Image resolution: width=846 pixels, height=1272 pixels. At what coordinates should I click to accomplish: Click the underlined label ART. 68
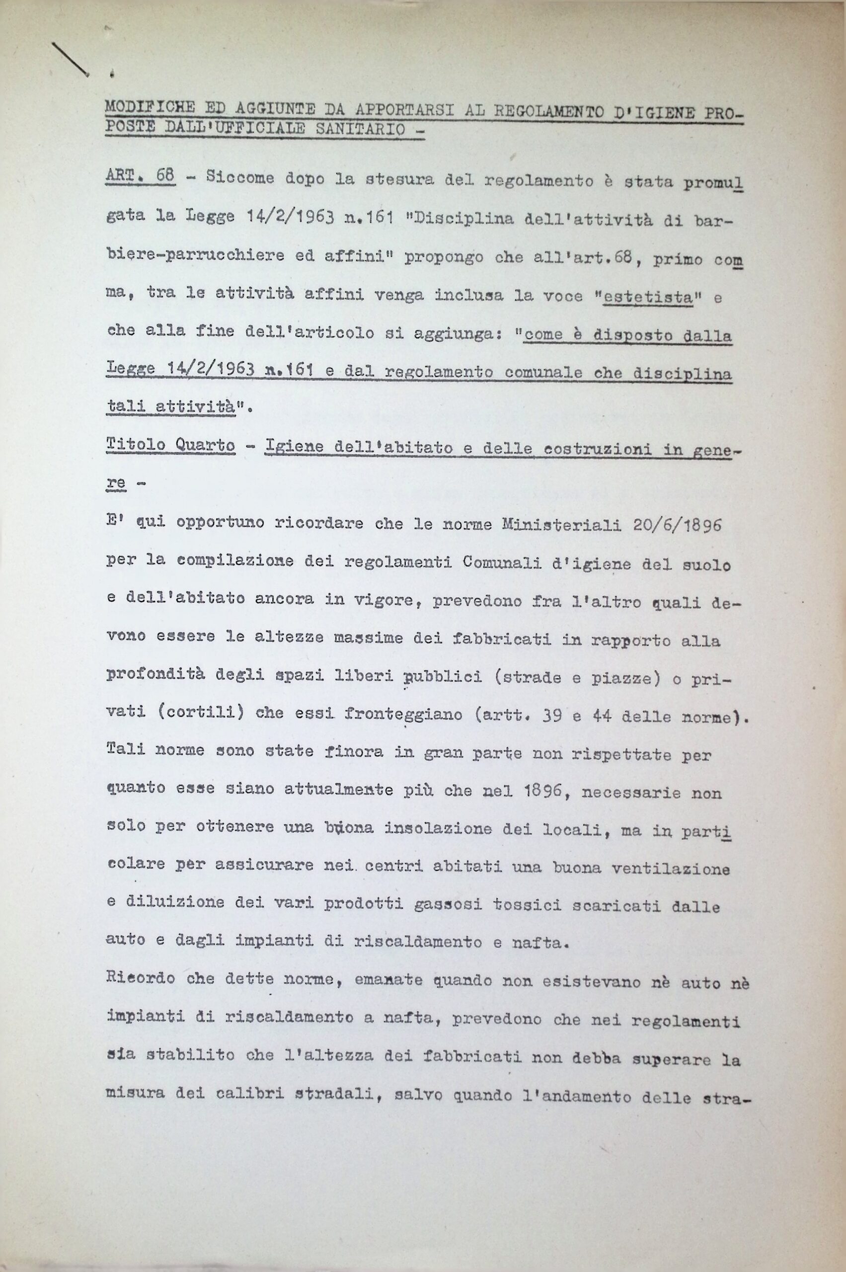click(140, 177)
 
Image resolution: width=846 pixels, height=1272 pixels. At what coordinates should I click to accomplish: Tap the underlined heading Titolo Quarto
click(170, 445)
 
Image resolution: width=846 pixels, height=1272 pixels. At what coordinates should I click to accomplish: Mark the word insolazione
click(438, 828)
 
